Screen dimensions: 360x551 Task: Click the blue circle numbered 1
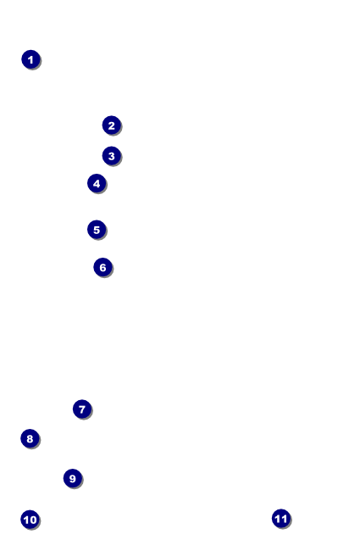[x=30, y=59]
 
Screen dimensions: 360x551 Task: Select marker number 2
[x=111, y=125]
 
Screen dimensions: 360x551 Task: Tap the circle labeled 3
[x=111, y=156]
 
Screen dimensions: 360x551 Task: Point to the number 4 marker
[x=97, y=183]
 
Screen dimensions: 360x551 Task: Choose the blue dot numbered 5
[x=97, y=230]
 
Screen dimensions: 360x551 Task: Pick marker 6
[x=102, y=267]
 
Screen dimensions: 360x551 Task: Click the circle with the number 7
[x=82, y=409]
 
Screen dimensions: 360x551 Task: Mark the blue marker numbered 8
[x=30, y=438]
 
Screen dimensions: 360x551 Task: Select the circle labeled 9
[x=73, y=478]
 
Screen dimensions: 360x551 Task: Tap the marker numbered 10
[x=30, y=519]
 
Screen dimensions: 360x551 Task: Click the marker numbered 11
[x=281, y=518]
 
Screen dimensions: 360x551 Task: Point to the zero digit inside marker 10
[x=33, y=520]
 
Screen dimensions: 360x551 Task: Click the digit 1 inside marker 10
[x=26, y=520]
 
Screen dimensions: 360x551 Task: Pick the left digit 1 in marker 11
[x=278, y=518]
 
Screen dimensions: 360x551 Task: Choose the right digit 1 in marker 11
[x=284, y=518]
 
